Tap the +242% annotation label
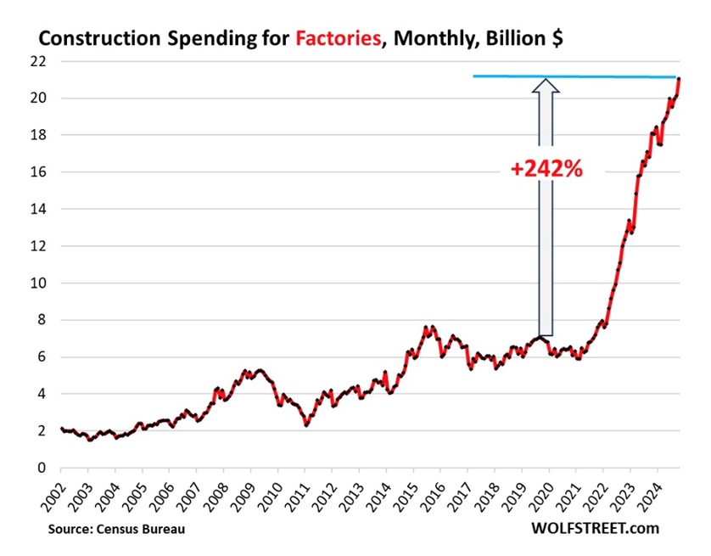[546, 169]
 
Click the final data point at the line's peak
[679, 80]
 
